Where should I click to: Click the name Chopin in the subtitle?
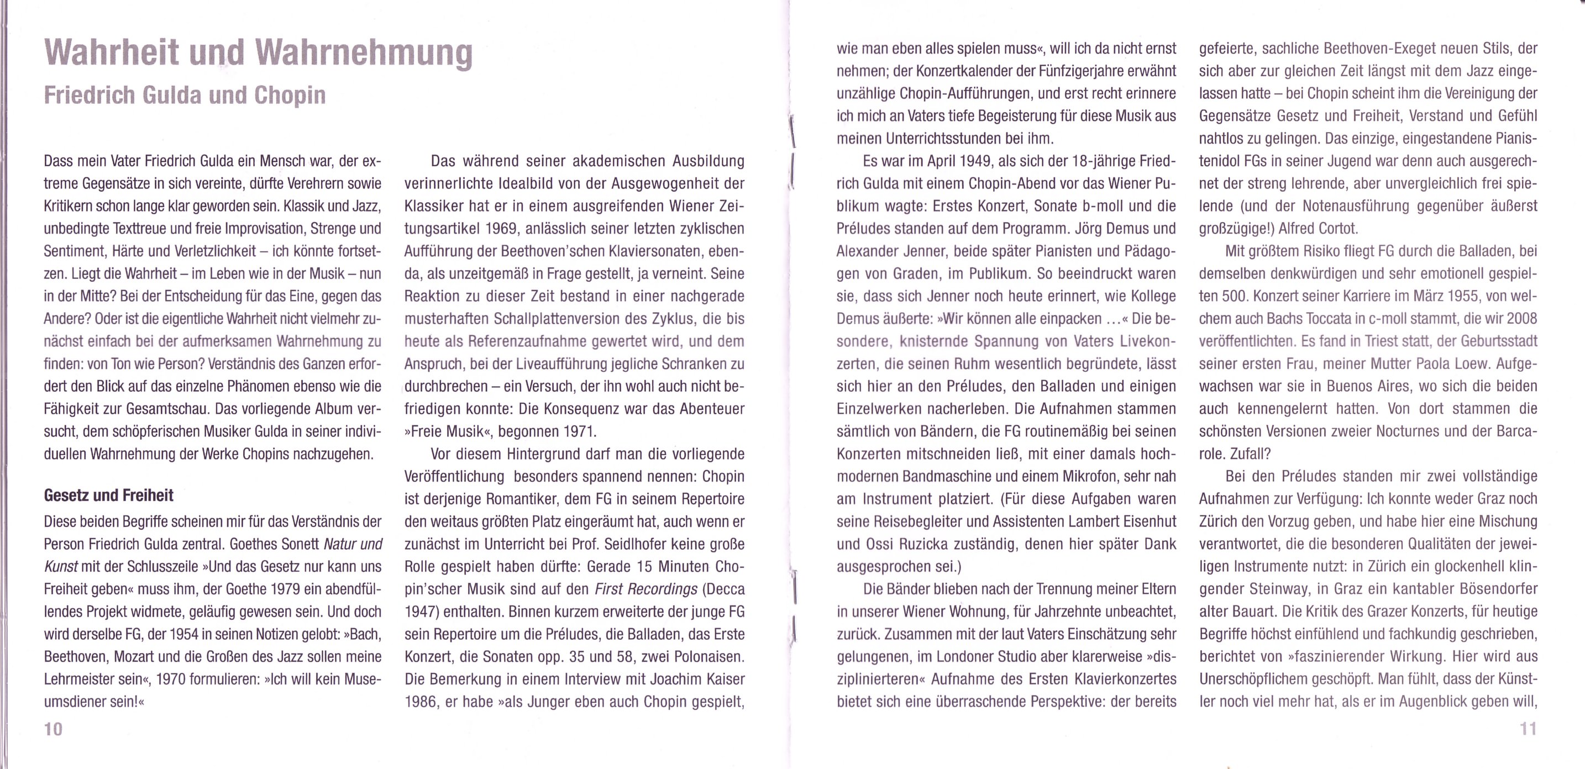click(290, 96)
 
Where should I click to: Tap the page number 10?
click(53, 729)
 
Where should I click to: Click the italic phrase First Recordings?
click(645, 589)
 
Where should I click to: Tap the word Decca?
click(723, 589)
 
